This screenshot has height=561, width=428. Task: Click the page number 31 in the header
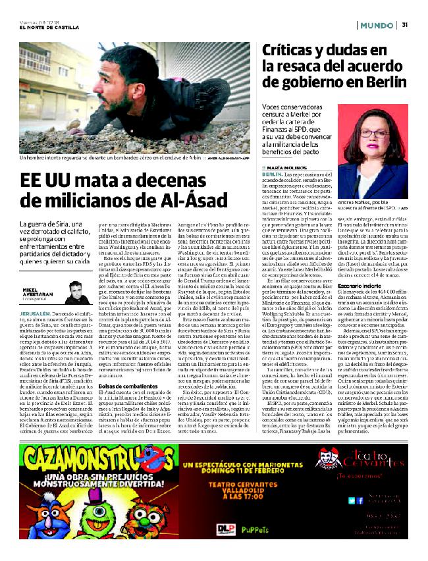(x=406, y=25)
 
